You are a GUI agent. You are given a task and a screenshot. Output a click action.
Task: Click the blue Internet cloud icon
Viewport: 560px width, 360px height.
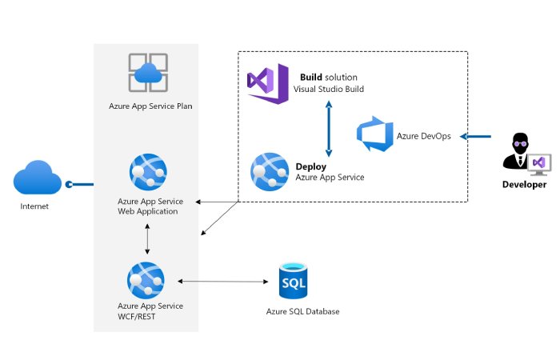pyautogui.click(x=37, y=178)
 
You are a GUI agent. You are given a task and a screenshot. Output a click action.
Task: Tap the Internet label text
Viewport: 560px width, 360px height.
pyautogui.click(x=34, y=206)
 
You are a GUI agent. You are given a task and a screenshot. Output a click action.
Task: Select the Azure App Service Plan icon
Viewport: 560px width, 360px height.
pyautogui.click(x=148, y=73)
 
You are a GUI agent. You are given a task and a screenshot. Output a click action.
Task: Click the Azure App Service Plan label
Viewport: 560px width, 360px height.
pyautogui.click(x=150, y=106)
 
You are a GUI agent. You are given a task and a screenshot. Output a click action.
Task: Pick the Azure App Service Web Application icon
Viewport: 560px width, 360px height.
pyautogui.click(x=147, y=173)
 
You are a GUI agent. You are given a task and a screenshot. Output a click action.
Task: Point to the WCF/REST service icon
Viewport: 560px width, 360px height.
pyautogui.click(x=146, y=280)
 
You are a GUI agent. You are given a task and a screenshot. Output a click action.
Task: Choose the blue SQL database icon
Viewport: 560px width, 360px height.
pyautogui.click(x=293, y=281)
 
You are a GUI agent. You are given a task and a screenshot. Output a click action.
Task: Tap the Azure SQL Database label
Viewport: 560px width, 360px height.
pyautogui.click(x=303, y=311)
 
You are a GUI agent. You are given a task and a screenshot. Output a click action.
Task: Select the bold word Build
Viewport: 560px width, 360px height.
pyautogui.click(x=311, y=77)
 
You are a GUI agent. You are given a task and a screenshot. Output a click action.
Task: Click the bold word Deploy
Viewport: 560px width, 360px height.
pyautogui.click(x=311, y=166)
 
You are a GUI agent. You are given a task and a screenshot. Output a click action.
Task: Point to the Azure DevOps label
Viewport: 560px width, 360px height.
pyautogui.click(x=424, y=136)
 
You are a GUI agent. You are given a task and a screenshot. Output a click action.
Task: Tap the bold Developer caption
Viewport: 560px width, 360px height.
pyautogui.click(x=524, y=185)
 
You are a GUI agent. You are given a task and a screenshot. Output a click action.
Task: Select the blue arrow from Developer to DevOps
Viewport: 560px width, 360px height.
pyautogui.click(x=477, y=136)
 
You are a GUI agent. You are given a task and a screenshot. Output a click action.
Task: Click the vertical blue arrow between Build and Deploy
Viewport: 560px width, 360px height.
pyautogui.click(x=328, y=127)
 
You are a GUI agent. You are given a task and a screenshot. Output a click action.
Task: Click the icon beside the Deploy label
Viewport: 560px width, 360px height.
pyautogui.click(x=270, y=170)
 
